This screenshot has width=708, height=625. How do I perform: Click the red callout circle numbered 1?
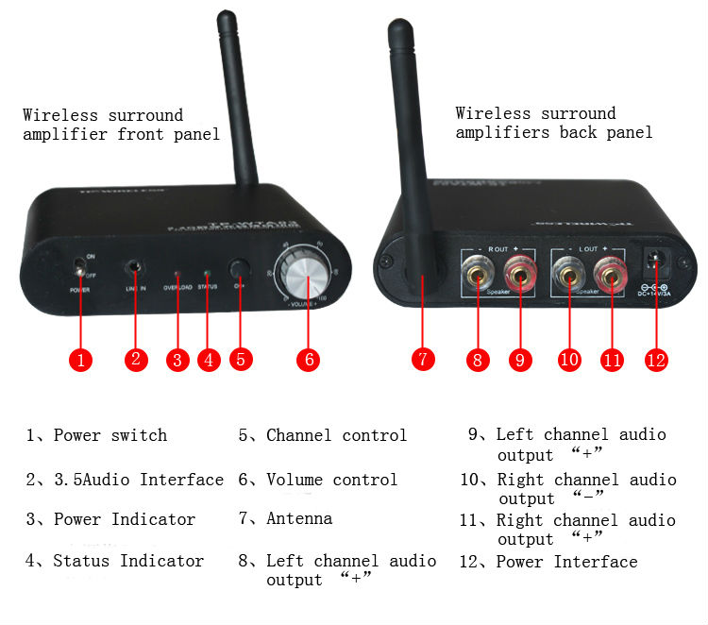click(83, 360)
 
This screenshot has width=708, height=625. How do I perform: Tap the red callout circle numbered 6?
click(308, 360)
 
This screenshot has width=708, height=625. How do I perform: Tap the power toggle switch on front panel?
click(80, 273)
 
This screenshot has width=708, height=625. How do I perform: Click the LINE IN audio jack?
click(137, 270)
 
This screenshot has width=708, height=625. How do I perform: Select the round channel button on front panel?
click(240, 267)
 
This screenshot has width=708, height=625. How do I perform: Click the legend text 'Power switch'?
click(110, 435)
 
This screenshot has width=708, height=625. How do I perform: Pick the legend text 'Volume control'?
click(331, 480)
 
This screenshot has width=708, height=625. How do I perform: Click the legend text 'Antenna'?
click(299, 518)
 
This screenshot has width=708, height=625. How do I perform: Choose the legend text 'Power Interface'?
click(566, 562)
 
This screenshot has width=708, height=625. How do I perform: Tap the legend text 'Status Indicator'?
click(128, 561)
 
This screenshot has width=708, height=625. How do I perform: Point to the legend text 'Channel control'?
click(336, 435)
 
